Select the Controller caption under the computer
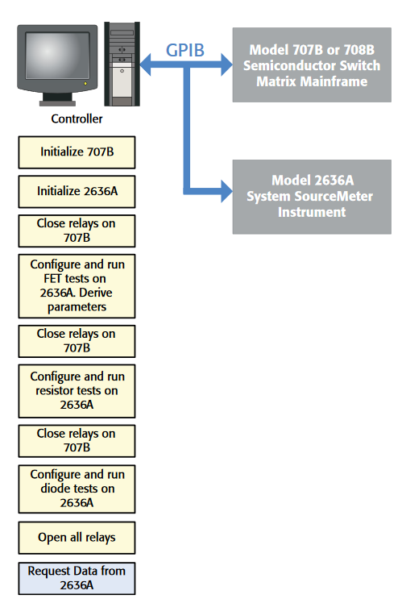pyautogui.click(x=77, y=119)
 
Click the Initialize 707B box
pyautogui.click(x=77, y=152)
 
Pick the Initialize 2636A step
pyautogui.click(x=77, y=192)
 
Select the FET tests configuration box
pyautogui.click(x=77, y=285)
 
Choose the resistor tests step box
pyautogui.click(x=77, y=390)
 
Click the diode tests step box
pyautogui.click(x=77, y=489)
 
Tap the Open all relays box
pyautogui.click(x=77, y=537)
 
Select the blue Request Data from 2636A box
pyautogui.click(x=77, y=577)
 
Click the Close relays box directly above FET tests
pyautogui.click(x=77, y=231)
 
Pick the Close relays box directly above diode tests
pyautogui.click(x=77, y=439)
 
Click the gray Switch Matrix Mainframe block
pyautogui.click(x=312, y=64)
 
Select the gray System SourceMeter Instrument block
pyautogui.click(x=312, y=196)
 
